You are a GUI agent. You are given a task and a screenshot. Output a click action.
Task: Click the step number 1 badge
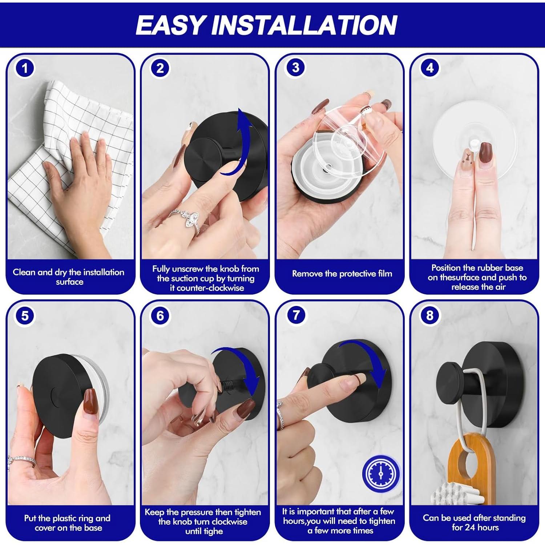click(25, 68)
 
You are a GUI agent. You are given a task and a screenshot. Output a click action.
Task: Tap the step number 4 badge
click(430, 68)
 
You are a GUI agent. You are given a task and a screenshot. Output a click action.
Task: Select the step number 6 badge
click(160, 315)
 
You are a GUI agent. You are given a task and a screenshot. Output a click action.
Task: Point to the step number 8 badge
click(430, 315)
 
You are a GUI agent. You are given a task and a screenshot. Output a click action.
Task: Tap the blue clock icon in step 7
click(380, 473)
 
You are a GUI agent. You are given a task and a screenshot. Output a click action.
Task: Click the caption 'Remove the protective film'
click(342, 274)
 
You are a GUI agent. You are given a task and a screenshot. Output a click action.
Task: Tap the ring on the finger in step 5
click(22, 461)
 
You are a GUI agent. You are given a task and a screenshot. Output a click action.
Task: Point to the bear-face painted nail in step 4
click(466, 162)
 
